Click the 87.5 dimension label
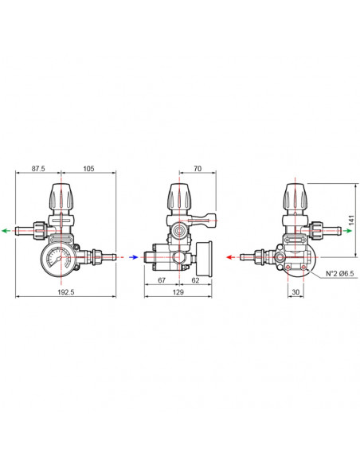point(38,169)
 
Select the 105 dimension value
point(88,169)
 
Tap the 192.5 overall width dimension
point(66,292)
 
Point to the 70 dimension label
point(198,169)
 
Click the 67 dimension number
point(162,280)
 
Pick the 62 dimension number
point(195,280)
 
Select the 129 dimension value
point(178,292)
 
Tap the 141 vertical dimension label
point(351,221)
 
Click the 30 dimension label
point(295,292)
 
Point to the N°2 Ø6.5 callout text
point(340,273)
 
